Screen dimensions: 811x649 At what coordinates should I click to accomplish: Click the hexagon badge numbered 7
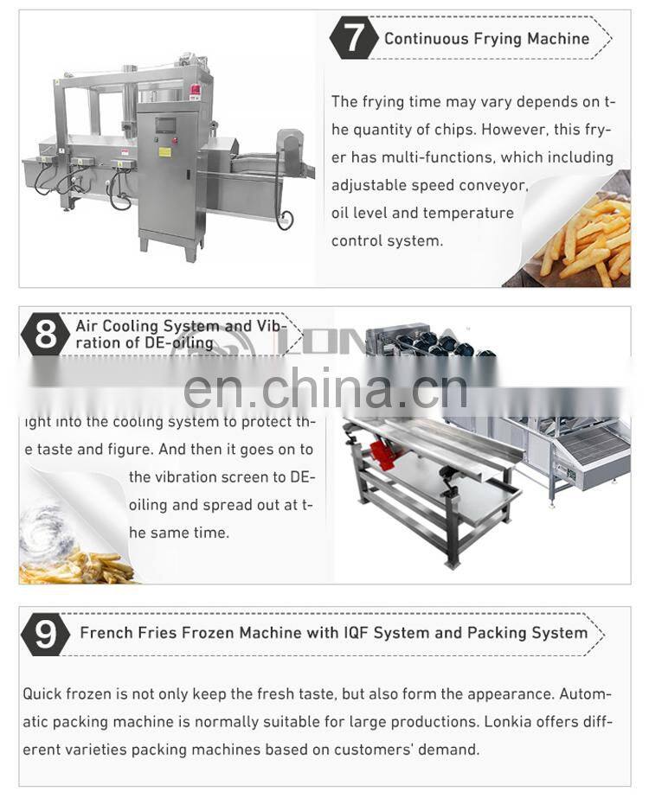tap(354, 38)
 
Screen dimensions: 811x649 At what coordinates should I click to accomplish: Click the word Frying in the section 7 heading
tap(492, 38)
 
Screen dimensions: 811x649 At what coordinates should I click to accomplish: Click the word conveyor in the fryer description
tap(496, 185)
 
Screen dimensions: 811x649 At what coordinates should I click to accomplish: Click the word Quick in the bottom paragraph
tap(42, 694)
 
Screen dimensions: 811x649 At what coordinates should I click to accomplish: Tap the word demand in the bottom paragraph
tap(450, 750)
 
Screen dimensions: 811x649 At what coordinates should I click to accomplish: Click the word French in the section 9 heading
tap(107, 633)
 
